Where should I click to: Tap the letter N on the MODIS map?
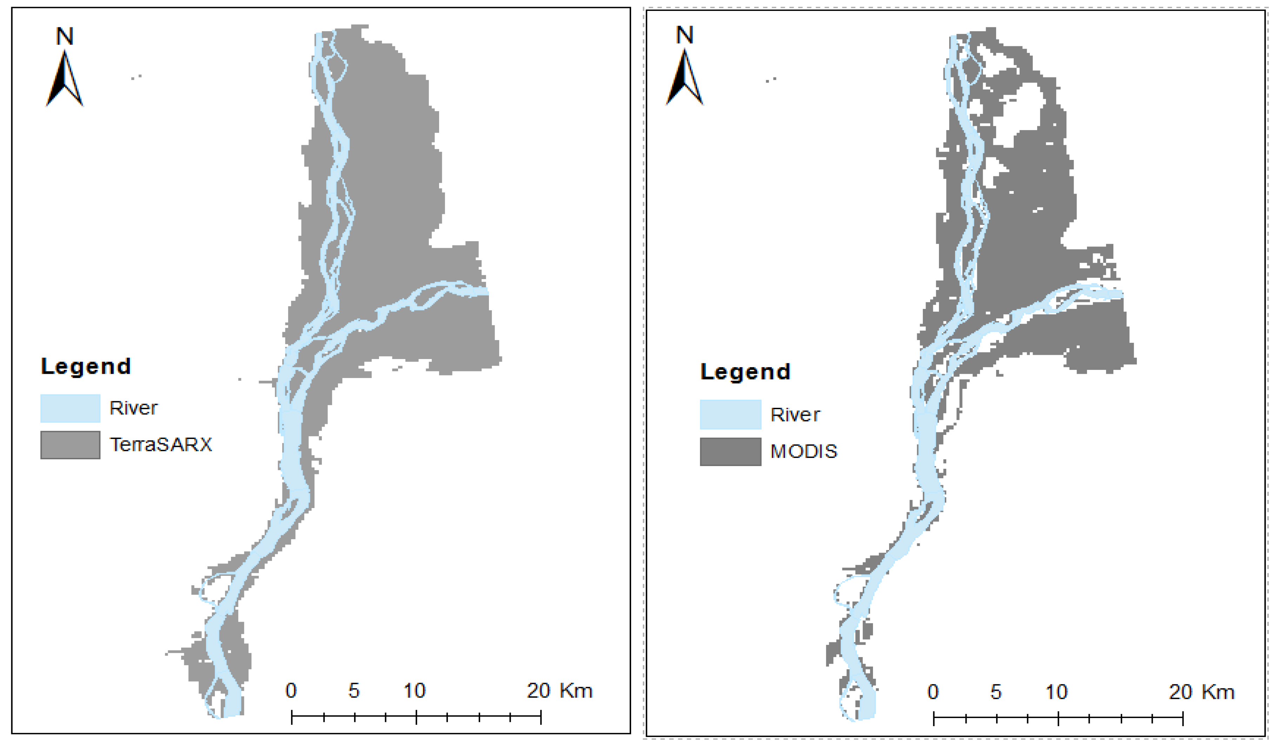click(685, 35)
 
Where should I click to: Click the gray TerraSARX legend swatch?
click(70, 445)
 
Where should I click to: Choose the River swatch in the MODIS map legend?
click(730, 414)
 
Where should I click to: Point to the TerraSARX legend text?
click(161, 445)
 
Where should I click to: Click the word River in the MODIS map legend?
click(795, 414)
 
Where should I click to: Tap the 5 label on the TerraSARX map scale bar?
click(354, 690)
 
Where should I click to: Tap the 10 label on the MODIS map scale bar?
click(1057, 692)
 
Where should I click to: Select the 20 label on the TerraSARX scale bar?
click(538, 690)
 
